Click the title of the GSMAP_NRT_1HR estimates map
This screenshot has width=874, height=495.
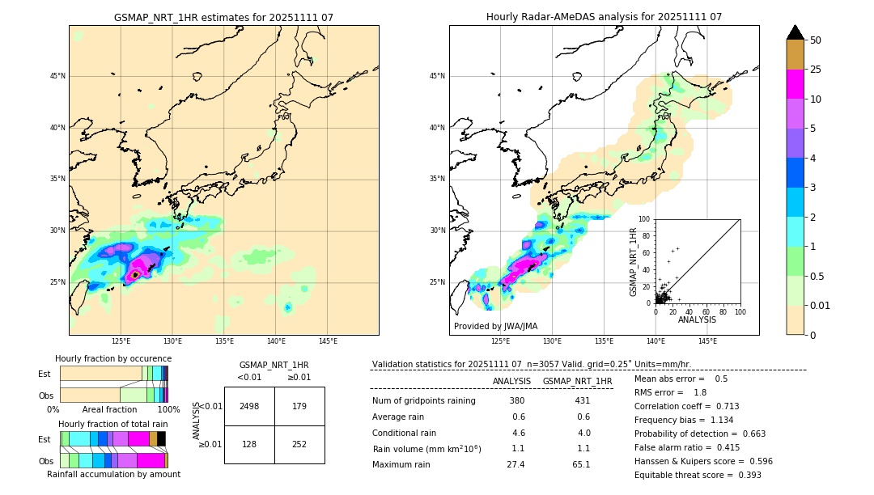pos(223,17)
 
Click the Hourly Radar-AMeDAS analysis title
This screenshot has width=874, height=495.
pos(604,17)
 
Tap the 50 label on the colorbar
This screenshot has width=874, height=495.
pos(816,40)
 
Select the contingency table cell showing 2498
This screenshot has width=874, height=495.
pos(249,406)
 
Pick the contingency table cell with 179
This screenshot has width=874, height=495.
pos(299,406)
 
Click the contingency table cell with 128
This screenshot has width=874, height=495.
pos(249,444)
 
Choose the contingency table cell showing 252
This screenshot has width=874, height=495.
pos(299,444)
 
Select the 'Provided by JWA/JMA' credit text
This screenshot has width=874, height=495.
pos(495,326)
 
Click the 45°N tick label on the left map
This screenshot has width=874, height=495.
pos(57,76)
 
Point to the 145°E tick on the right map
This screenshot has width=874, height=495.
pos(707,341)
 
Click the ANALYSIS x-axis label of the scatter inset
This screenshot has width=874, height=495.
pos(697,319)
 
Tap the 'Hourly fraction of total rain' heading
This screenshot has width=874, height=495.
pos(113,424)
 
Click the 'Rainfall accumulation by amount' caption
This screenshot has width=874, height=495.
pos(113,474)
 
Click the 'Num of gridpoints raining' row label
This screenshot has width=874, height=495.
pos(423,401)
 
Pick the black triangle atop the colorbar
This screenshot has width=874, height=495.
pos(796,32)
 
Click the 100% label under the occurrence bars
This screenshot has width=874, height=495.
pos(157,409)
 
